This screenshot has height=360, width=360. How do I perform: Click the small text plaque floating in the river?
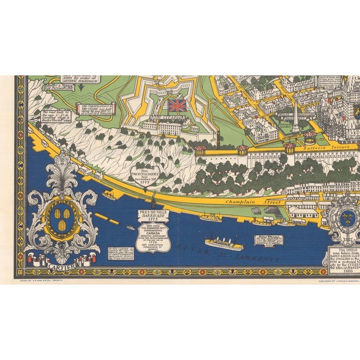pyautogui.click(x=266, y=222)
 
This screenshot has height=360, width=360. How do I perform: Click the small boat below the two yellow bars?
pyautogui.click(x=130, y=228)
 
